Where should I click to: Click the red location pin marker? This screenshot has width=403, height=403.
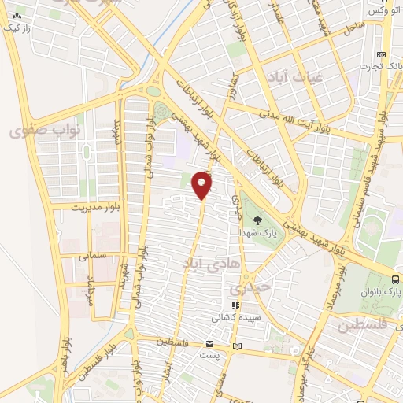click(x=203, y=186)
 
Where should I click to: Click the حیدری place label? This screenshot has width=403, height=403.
click(x=257, y=287)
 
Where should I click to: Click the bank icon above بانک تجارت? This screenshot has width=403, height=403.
click(x=381, y=54)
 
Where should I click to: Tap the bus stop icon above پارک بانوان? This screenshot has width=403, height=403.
click(x=395, y=279)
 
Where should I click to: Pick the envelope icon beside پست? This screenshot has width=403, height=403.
click(x=209, y=344)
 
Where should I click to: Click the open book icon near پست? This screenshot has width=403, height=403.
click(x=237, y=346)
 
